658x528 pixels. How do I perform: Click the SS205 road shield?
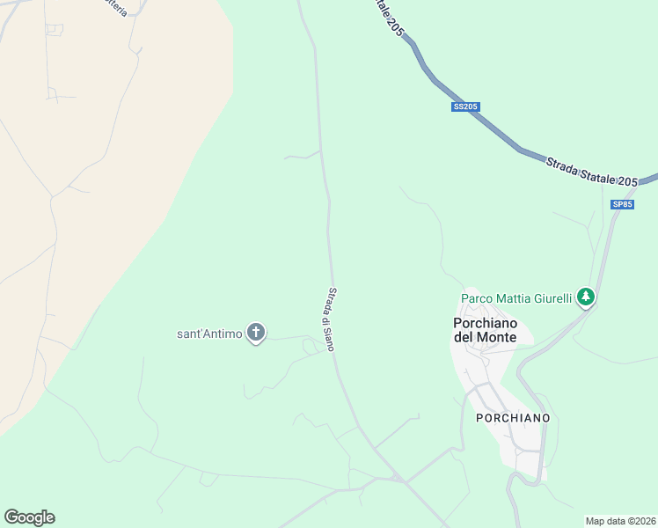click(x=465, y=107)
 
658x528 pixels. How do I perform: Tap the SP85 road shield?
click(x=622, y=204)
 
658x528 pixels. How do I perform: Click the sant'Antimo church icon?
click(x=256, y=333)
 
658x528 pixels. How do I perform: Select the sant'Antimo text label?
click(x=209, y=334)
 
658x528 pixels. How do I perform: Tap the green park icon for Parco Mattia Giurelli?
click(x=587, y=297)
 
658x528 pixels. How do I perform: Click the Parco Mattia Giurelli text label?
click(x=516, y=298)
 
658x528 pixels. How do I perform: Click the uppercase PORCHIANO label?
click(x=513, y=417)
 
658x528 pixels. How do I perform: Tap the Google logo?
click(x=29, y=517)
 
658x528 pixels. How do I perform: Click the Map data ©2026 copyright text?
click(x=620, y=521)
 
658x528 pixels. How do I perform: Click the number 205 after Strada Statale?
click(x=627, y=181)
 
